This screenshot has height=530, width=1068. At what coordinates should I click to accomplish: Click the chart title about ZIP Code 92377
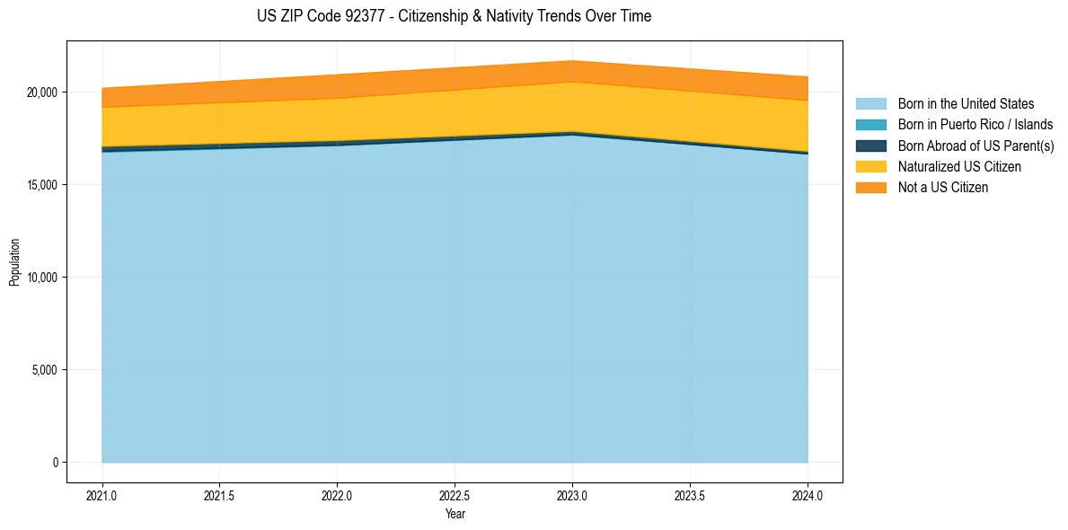[x=455, y=16]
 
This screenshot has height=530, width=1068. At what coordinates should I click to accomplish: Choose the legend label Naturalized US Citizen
[x=959, y=167]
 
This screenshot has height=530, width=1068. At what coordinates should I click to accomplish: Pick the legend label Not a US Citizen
[x=942, y=188]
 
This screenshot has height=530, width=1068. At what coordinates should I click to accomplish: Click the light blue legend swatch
[x=870, y=104]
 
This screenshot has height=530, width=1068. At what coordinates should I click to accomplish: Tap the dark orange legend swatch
[x=870, y=188]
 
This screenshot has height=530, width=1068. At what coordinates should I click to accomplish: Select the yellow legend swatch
[x=870, y=167]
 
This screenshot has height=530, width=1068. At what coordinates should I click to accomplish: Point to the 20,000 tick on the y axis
[x=41, y=93]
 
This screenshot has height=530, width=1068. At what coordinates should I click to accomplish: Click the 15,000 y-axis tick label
[x=41, y=185]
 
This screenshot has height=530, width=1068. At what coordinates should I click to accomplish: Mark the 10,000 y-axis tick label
[x=41, y=278]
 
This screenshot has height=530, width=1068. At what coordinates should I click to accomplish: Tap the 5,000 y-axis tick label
[x=44, y=370]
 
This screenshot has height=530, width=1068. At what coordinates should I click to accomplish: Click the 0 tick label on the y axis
[x=54, y=463]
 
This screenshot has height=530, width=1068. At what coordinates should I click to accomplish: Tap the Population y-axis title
[x=14, y=262]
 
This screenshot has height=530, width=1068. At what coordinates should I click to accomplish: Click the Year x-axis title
[x=455, y=514]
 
